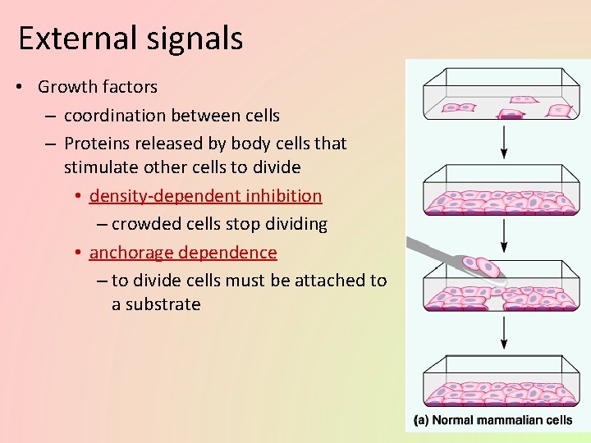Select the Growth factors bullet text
(x=98, y=86)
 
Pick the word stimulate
(x=103, y=167)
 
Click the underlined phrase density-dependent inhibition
(x=205, y=196)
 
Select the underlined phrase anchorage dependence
(x=183, y=253)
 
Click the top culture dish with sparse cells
(x=502, y=95)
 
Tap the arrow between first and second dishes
(x=504, y=143)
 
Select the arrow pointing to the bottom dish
(x=504, y=332)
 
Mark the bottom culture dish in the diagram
(x=502, y=381)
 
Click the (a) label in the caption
(x=420, y=421)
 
